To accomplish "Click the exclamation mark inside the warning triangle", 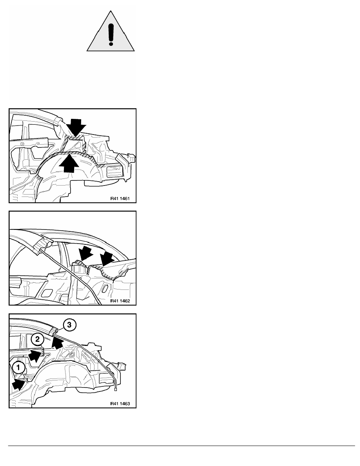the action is (x=111, y=35).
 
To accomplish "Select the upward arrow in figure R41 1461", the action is (x=69, y=162).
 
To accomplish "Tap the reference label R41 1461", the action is (x=120, y=198).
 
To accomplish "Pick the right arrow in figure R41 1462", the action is (x=107, y=258).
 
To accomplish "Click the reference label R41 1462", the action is (x=120, y=301).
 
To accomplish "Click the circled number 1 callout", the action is (x=18, y=368).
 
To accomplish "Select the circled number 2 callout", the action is (x=37, y=339).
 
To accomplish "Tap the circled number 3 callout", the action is (x=69, y=325).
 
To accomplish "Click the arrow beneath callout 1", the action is (x=18, y=384).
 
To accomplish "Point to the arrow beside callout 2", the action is (x=35, y=355).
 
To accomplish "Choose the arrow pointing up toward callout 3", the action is (x=57, y=342).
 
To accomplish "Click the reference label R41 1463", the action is (x=120, y=404).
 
